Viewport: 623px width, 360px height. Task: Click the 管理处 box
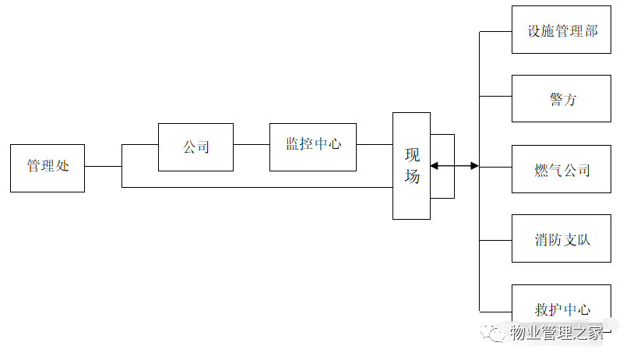pos(48,167)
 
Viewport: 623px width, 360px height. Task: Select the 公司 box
pos(195,146)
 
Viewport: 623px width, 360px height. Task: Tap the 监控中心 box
pos(313,146)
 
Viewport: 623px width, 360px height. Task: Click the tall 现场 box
pos(411,165)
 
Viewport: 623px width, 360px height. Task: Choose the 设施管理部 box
pos(562,30)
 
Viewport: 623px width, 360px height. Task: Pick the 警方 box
pos(562,99)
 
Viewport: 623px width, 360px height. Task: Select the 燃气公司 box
pos(562,169)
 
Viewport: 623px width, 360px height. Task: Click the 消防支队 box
pos(562,238)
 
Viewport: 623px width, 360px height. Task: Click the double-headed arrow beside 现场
pos(455,166)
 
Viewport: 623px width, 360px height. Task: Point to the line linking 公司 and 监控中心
pos(252,145)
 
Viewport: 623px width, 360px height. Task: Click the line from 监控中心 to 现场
pos(375,145)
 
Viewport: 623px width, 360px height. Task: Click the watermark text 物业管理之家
pos(557,334)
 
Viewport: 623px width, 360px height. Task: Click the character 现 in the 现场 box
pos(412,154)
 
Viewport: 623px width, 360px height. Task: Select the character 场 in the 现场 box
pos(412,177)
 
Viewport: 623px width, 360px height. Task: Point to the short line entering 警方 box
pos(495,97)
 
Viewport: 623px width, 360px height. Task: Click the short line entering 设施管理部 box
pos(495,31)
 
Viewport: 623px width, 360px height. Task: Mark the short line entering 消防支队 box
pos(495,238)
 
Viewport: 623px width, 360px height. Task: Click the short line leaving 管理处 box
pos(103,166)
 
